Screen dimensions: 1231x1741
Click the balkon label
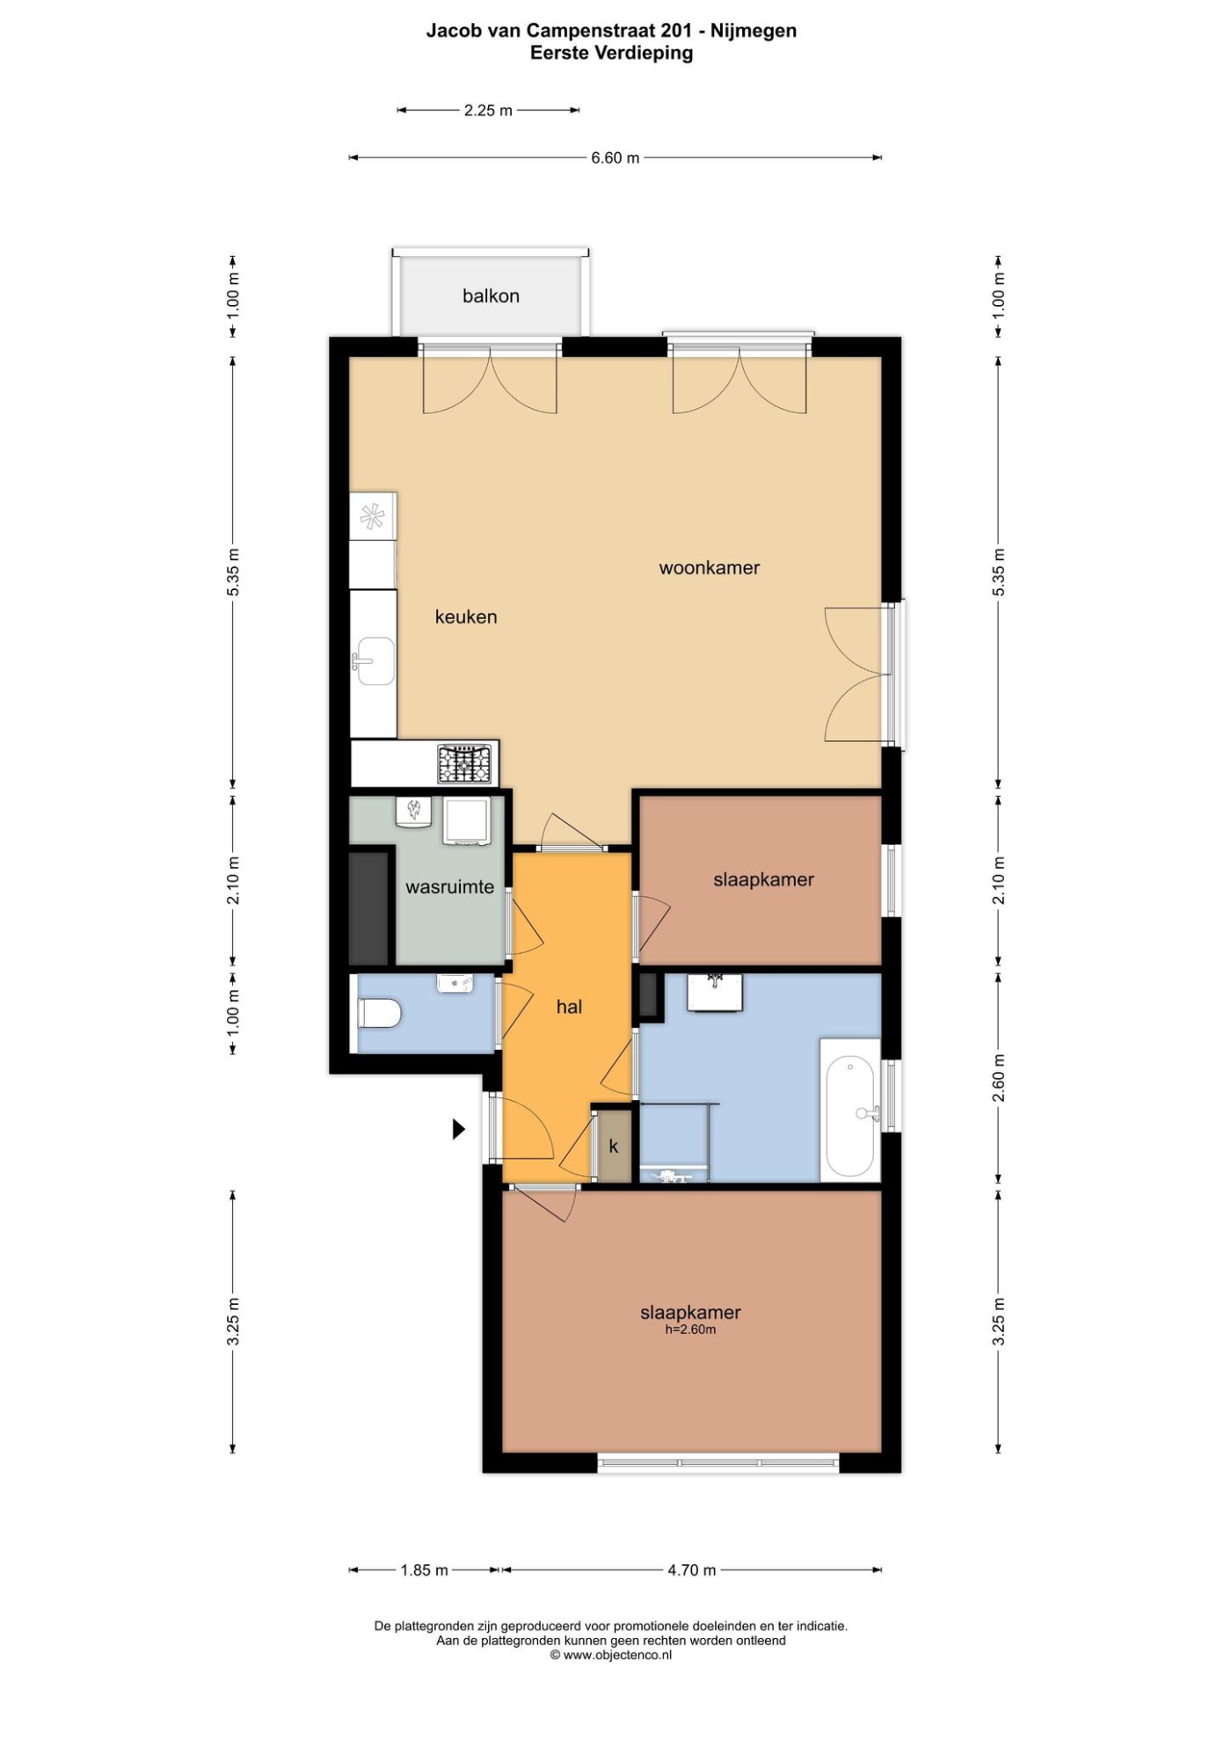[x=491, y=296]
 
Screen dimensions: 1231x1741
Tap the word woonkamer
[x=710, y=568]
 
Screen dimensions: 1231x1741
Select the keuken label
[x=466, y=617]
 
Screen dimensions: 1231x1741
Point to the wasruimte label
[x=449, y=887]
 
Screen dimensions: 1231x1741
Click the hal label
[x=569, y=1007]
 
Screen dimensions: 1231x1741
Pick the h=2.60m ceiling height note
[x=690, y=1329]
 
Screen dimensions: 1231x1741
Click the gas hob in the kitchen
[x=464, y=764]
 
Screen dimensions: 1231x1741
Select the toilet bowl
[x=379, y=1013]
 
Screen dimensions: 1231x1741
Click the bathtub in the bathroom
[x=850, y=1110]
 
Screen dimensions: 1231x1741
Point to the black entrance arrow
[x=458, y=1129]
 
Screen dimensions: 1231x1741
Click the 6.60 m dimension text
[x=615, y=158]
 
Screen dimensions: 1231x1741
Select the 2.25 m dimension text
[x=488, y=111]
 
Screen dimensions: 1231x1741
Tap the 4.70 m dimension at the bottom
[x=692, y=1570]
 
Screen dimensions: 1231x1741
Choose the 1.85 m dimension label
[x=425, y=1570]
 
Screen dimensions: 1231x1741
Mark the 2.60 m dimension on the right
[x=998, y=1078]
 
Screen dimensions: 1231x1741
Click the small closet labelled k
[x=614, y=1146]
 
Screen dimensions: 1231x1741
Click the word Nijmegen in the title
[x=754, y=31]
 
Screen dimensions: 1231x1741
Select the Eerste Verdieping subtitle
[x=611, y=53]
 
